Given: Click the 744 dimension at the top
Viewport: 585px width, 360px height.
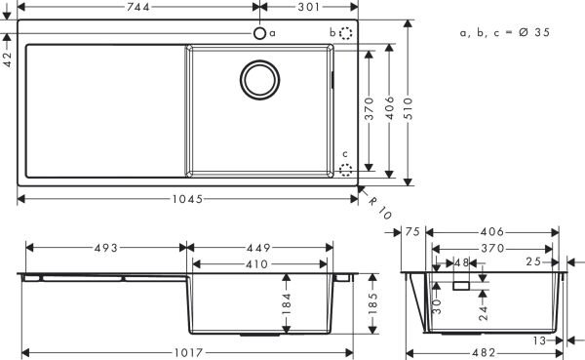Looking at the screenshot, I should coord(136,8).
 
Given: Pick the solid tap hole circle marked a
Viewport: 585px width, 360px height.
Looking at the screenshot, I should coord(259,33).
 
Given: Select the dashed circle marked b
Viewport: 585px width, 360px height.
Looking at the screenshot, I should coord(348,33).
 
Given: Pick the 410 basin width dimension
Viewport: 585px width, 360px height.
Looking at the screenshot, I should coord(256,263).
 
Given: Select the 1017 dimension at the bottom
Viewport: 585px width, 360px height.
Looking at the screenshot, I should coord(186,352).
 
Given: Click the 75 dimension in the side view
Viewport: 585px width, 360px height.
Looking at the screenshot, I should coord(410,232).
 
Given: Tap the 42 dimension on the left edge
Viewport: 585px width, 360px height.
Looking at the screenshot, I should coord(8,59).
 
